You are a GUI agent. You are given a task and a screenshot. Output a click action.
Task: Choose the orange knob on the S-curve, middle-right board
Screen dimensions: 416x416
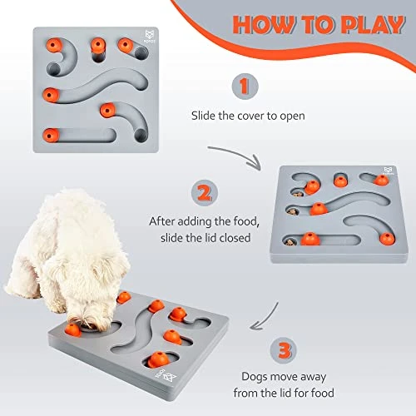pos(317,208)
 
